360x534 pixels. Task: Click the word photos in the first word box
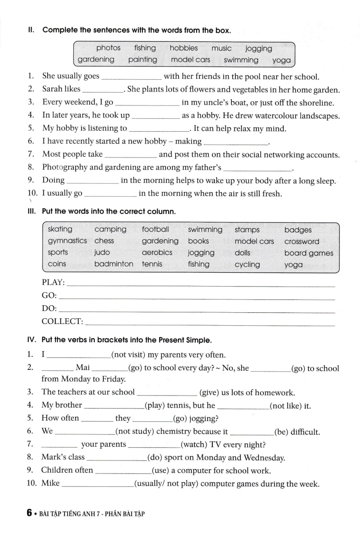click(108, 48)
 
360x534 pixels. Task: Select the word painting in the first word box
click(142, 60)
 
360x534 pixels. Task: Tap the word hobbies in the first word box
click(184, 48)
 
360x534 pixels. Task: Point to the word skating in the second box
click(60, 230)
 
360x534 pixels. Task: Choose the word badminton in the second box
click(113, 264)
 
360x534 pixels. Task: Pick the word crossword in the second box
click(302, 242)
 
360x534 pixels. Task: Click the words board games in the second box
click(308, 253)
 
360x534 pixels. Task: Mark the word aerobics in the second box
click(157, 252)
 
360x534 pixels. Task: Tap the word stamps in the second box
click(247, 230)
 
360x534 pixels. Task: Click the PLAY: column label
click(53, 283)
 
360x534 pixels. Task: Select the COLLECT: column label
click(62, 321)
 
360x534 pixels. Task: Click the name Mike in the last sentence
click(50, 483)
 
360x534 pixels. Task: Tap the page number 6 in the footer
click(29, 513)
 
